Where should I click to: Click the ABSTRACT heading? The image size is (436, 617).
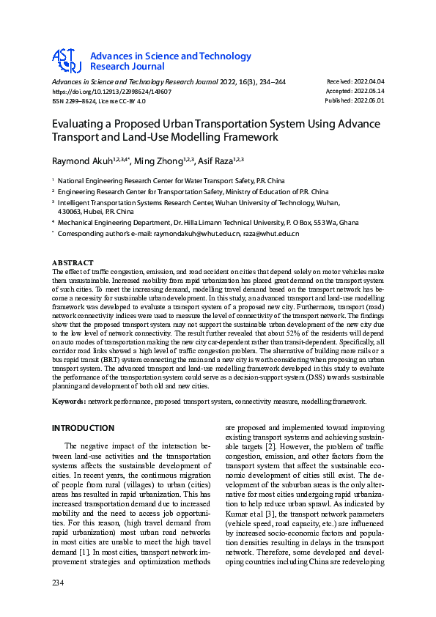pos(73,262)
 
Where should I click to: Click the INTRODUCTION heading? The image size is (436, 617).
pos(83,428)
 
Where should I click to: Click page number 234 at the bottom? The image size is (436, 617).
pos(58,602)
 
